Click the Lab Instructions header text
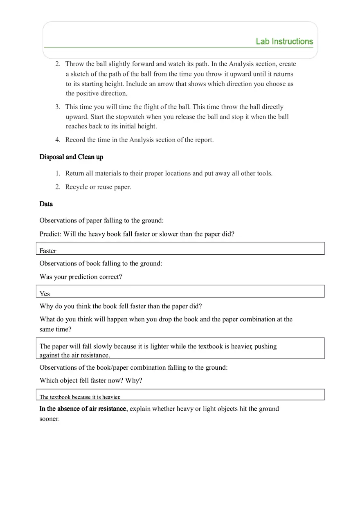point(284,41)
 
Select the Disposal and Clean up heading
point(71,157)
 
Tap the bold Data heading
point(46,204)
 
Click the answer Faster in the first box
point(48,251)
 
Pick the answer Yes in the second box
point(45,294)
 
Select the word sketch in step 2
point(81,74)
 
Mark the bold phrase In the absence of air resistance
point(83,409)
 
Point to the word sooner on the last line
point(49,419)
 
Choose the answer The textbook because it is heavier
point(80,397)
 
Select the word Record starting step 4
point(75,140)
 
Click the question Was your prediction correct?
point(81,277)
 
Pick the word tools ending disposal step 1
point(264,173)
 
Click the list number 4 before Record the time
point(57,140)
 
